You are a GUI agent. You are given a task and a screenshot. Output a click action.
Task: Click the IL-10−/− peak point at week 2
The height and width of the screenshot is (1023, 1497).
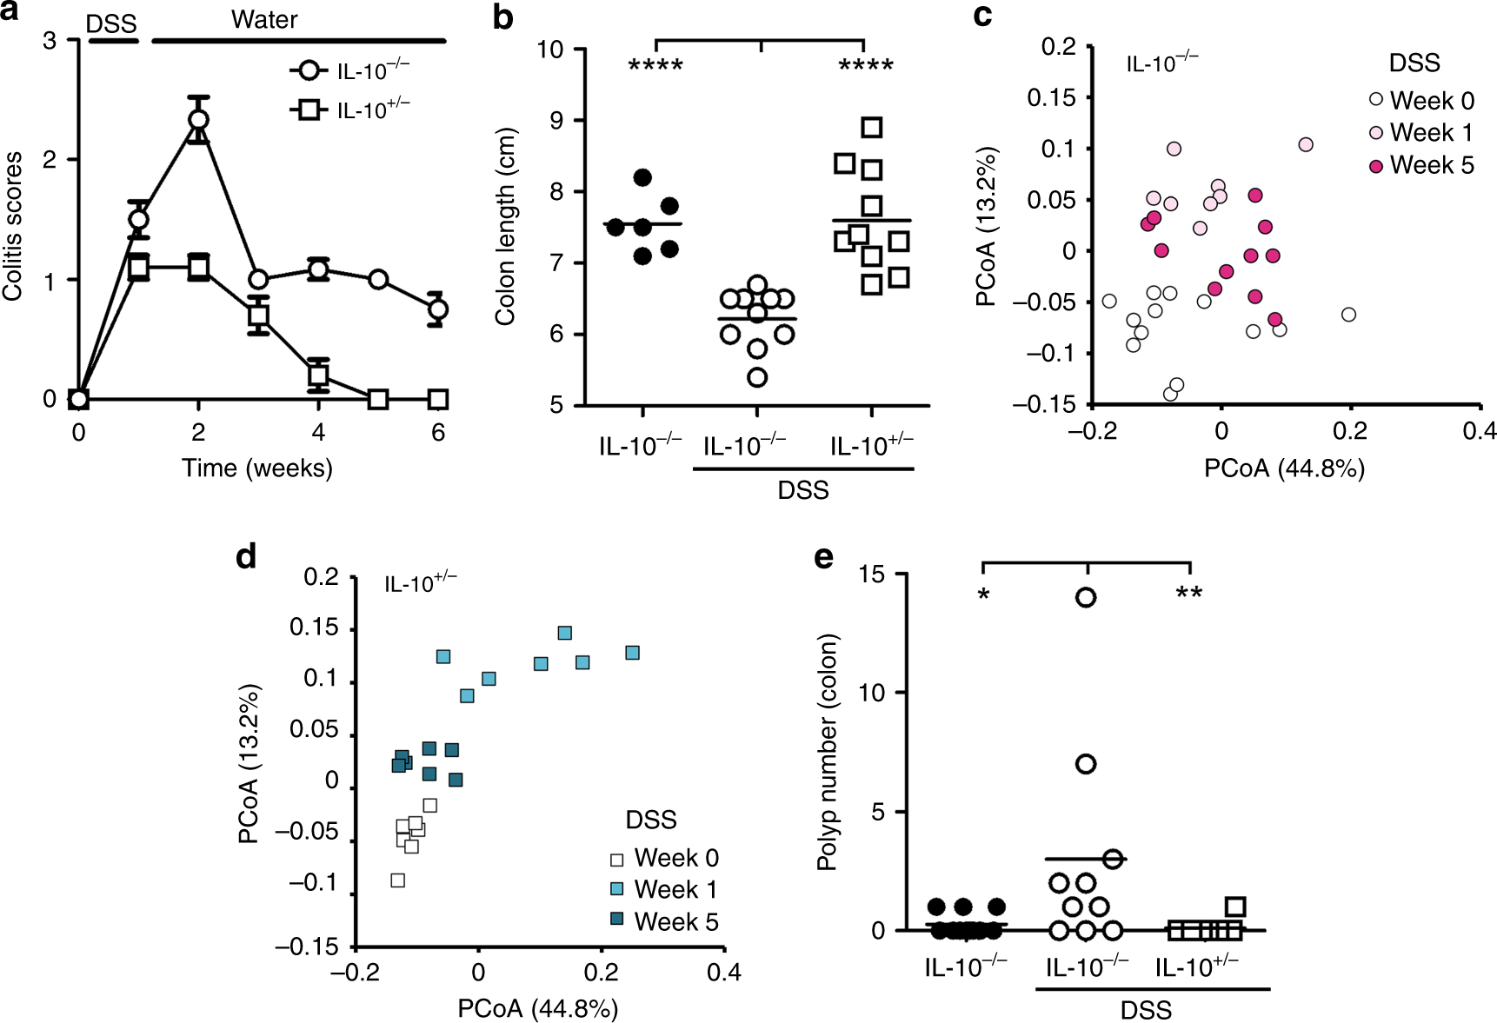pyautogui.click(x=199, y=119)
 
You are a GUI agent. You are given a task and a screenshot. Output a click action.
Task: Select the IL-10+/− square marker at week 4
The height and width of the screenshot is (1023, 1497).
pyautogui.click(x=318, y=375)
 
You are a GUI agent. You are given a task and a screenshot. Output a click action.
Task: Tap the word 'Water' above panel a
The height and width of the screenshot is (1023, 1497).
pyautogui.click(x=264, y=20)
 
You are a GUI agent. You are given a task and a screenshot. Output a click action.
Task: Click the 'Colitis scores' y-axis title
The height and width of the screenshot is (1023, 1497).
pyautogui.click(x=13, y=226)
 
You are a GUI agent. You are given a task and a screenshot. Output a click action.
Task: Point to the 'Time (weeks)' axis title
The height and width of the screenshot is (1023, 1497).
pyautogui.click(x=257, y=468)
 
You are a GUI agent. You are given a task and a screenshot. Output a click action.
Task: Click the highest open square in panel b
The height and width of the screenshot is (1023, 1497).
pyautogui.click(x=872, y=128)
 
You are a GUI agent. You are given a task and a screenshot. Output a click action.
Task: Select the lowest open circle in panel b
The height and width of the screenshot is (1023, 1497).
pyautogui.click(x=757, y=377)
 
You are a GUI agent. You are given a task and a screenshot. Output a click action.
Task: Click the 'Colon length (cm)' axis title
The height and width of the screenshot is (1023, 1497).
pyautogui.click(x=505, y=226)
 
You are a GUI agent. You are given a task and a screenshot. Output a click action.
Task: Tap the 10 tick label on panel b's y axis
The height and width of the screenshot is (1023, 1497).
pyautogui.click(x=549, y=50)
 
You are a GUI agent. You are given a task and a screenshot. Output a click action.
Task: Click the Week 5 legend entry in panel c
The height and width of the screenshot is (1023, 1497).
pyautogui.click(x=1422, y=165)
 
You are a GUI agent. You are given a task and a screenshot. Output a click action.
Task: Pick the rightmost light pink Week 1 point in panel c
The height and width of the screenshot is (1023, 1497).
pyautogui.click(x=1306, y=144)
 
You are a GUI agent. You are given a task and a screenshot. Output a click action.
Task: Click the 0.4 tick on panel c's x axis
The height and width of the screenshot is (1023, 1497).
pyautogui.click(x=1479, y=431)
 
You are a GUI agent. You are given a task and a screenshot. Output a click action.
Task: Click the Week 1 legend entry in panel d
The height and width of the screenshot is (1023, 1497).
pyautogui.click(x=666, y=890)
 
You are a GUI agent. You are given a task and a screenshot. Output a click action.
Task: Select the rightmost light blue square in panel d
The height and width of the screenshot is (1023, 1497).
pyautogui.click(x=633, y=653)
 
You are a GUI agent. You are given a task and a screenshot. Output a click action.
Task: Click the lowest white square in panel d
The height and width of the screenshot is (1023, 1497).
pyautogui.click(x=398, y=880)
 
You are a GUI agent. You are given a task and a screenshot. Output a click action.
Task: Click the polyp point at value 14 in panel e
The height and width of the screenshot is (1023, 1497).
pyautogui.click(x=1086, y=597)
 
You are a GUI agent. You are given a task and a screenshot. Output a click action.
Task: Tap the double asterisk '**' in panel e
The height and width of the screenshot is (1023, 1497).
pyautogui.click(x=1188, y=595)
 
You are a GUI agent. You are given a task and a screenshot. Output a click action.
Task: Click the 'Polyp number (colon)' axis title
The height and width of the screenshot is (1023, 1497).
pyautogui.click(x=828, y=752)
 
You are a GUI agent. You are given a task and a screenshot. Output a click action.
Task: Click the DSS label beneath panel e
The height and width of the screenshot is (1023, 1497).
pyautogui.click(x=1145, y=1010)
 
